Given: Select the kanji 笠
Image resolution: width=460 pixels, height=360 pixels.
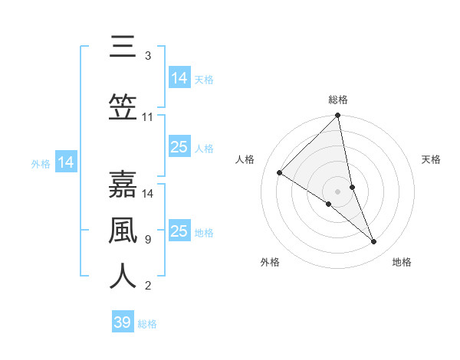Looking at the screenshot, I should pos(123,107).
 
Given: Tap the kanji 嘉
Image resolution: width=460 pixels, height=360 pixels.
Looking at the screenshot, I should pos(123,182).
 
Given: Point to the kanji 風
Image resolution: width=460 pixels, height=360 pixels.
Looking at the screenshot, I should pos(123,230).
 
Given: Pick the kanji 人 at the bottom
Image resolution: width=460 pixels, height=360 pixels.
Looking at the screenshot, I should pos(123,276).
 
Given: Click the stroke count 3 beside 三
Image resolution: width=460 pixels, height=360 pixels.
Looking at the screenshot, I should pos(148,56).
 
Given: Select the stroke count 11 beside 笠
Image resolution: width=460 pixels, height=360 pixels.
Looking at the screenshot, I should pos(148,117).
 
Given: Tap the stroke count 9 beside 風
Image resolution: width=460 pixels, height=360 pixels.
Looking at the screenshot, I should pos(147,240).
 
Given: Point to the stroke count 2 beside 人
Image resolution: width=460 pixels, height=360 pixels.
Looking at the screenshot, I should pos(147,286).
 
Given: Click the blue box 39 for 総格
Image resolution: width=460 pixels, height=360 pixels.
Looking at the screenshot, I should pos(123,322).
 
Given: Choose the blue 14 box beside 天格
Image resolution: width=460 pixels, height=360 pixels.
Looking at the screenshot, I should pos(179,78).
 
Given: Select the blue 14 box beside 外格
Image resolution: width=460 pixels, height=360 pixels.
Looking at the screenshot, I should pos(66,162).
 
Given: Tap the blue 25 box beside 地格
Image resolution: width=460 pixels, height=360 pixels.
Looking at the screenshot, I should pos(179,231).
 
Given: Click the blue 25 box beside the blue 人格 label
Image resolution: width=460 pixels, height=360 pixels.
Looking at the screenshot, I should pos(179,147).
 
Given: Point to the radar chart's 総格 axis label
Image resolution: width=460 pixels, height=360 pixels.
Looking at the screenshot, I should pos(338,100).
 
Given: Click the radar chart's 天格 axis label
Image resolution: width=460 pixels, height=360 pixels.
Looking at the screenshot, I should pos(431,159).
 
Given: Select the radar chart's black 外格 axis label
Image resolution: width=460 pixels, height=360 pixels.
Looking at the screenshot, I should pos(270,262).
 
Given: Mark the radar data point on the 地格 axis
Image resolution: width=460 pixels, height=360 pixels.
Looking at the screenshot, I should pos(374,242).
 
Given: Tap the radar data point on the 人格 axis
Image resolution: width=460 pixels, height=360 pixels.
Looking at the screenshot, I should pos(280,173).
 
